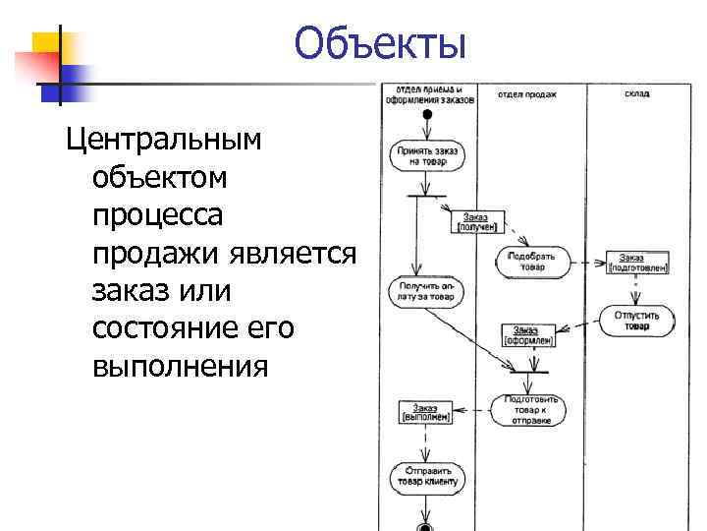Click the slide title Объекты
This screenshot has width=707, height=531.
(x=379, y=45)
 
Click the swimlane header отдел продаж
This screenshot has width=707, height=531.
(x=526, y=95)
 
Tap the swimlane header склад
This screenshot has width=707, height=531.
(x=636, y=94)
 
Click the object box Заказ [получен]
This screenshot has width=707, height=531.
(x=477, y=222)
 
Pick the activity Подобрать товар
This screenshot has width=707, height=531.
(x=531, y=261)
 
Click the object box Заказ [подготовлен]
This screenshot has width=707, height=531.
(x=638, y=262)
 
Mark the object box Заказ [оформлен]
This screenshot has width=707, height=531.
(x=530, y=336)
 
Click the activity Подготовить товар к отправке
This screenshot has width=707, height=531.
(x=530, y=409)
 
